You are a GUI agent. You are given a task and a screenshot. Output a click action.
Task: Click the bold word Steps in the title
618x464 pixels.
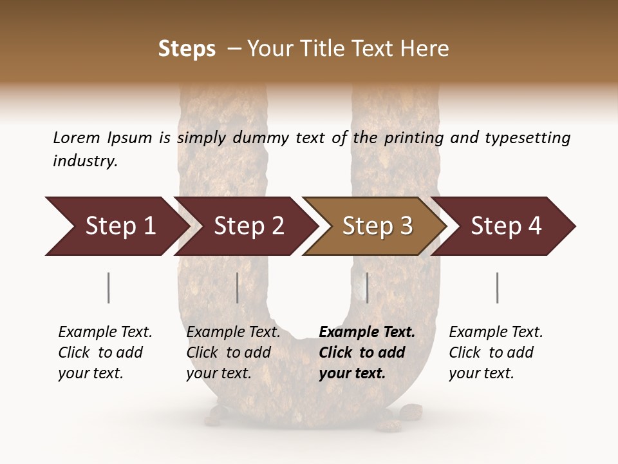click(187, 49)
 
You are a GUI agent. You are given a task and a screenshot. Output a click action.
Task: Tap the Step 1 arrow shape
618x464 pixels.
click(116, 226)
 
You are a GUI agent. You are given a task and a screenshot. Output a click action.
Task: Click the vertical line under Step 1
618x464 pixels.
click(109, 287)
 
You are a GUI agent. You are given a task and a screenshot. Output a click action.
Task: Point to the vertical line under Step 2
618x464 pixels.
click(238, 287)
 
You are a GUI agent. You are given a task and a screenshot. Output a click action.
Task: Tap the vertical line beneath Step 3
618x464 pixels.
click(367, 287)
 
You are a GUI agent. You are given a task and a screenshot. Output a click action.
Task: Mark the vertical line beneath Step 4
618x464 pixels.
click(497, 287)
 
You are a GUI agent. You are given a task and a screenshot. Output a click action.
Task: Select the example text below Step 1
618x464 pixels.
click(104, 353)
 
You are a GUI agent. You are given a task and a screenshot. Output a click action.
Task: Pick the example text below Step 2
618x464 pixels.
click(232, 353)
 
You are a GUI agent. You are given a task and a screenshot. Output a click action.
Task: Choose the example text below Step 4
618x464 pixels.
click(495, 353)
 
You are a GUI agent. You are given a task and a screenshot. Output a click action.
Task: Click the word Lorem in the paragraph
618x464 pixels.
click(76, 138)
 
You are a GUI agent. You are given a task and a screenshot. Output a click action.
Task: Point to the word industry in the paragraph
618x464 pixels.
click(85, 161)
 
